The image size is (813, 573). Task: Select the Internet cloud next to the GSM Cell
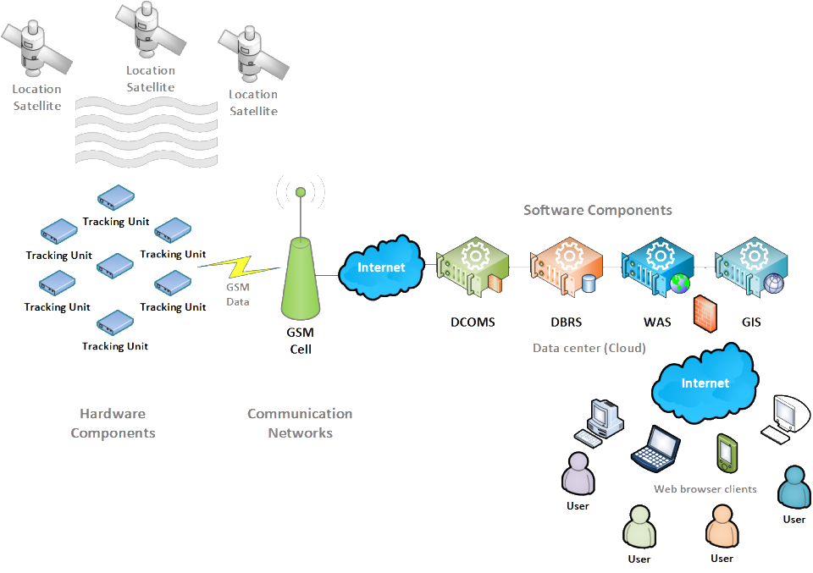[x=381, y=267]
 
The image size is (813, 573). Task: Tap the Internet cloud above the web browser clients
[x=705, y=383]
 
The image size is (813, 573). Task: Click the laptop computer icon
[x=655, y=449]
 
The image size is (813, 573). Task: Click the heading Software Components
[x=597, y=210]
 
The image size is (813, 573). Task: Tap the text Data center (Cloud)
[x=589, y=348]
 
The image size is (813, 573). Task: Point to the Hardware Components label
[x=113, y=423]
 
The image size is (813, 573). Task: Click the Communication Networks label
[x=300, y=423]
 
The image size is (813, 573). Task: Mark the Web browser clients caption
[x=705, y=489]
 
